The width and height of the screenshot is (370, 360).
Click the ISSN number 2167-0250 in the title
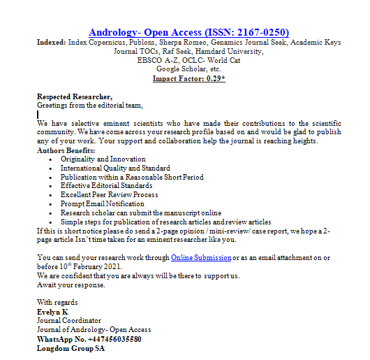click(x=260, y=32)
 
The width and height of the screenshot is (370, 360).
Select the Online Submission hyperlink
click(x=201, y=258)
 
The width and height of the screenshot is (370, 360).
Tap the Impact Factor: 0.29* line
click(x=189, y=78)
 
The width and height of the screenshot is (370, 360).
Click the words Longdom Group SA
click(x=71, y=348)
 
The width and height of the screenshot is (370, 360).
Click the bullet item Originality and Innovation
click(x=103, y=159)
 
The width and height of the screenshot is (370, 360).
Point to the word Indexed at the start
click(x=51, y=42)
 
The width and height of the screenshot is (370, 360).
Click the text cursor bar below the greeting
click(x=38, y=114)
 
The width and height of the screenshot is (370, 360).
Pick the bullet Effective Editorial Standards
click(x=106, y=186)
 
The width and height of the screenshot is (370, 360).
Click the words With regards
click(x=58, y=303)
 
